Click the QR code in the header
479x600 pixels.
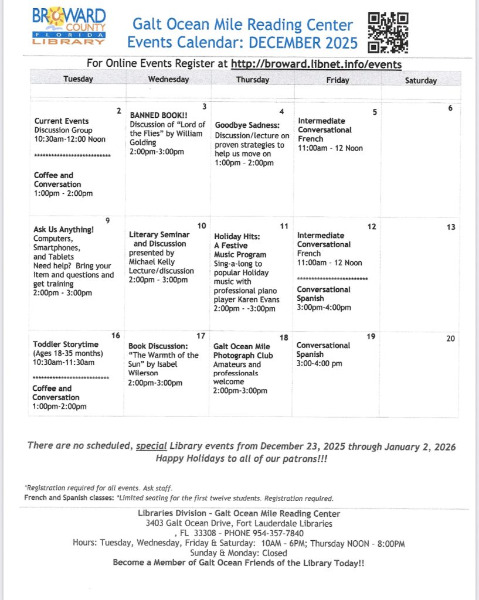click(x=388, y=32)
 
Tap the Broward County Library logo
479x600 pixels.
click(x=69, y=27)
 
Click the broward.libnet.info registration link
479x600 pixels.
click(x=317, y=64)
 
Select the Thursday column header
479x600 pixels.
click(x=253, y=80)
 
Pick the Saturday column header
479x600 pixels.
click(x=420, y=80)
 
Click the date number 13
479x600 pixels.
click(x=451, y=227)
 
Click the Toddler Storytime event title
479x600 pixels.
click(x=66, y=344)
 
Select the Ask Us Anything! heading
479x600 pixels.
click(x=63, y=229)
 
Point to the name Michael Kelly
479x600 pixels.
click(x=152, y=262)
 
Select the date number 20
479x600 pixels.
click(x=450, y=339)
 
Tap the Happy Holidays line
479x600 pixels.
click(x=241, y=459)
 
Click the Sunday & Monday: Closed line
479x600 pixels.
click(x=239, y=553)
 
